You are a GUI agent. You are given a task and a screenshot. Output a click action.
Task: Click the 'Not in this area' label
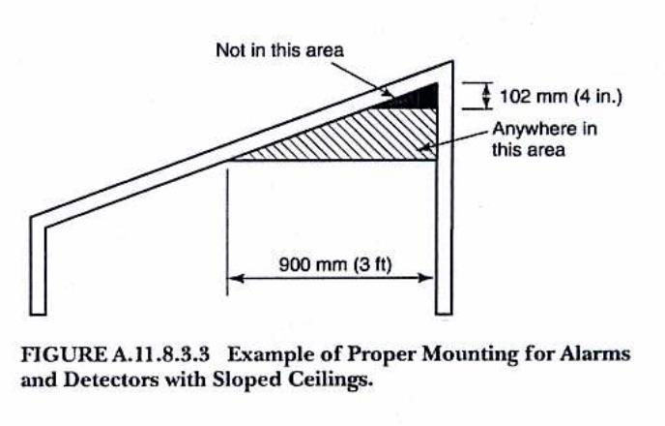click(279, 50)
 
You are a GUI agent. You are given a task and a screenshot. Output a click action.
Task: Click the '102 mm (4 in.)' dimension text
click(561, 97)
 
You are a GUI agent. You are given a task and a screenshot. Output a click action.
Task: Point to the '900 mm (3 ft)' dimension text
click(335, 264)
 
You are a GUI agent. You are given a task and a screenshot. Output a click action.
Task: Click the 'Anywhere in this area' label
click(544, 139)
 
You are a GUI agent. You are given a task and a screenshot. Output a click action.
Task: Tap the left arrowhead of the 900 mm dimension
click(236, 278)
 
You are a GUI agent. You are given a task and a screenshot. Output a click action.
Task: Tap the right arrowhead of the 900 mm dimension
click(425, 278)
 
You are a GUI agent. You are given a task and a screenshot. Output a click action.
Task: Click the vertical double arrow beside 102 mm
click(486, 96)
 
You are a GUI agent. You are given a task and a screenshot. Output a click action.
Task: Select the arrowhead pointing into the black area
click(388, 94)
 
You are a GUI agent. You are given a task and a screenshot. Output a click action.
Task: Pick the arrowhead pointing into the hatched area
click(424, 147)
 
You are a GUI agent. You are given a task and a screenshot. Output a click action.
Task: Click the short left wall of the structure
click(38, 266)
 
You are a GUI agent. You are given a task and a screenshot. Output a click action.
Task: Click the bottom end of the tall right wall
click(444, 314)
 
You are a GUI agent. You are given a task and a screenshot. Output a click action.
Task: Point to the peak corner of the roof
click(452, 62)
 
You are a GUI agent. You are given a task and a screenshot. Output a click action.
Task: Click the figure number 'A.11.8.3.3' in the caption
click(161, 354)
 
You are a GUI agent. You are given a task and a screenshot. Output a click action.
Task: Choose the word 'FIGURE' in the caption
click(65, 354)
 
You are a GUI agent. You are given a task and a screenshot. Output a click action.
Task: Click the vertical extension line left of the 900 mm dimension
click(227, 232)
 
